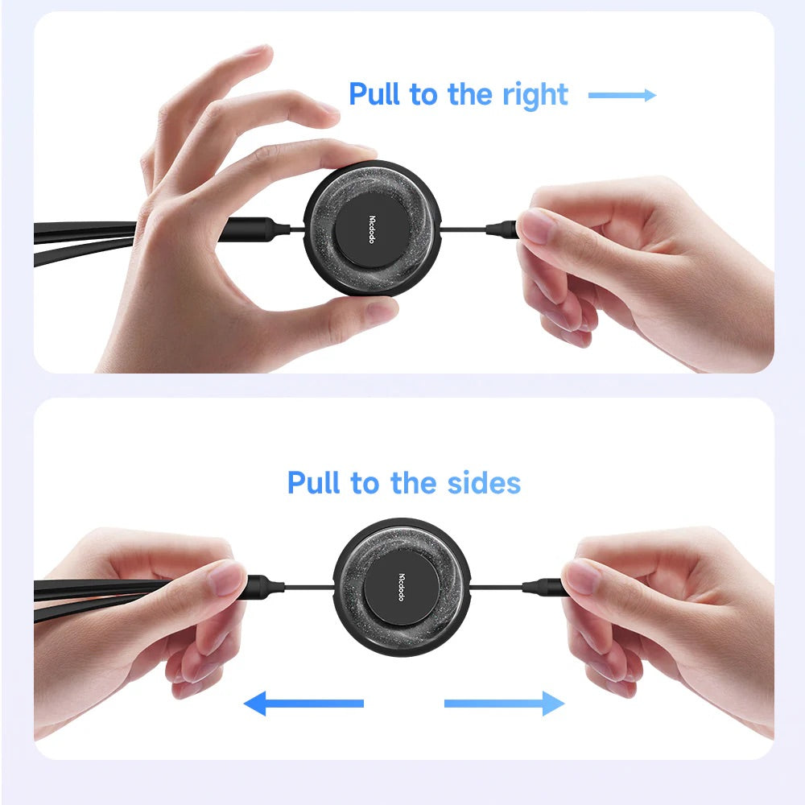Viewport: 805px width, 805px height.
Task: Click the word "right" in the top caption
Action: click(x=535, y=95)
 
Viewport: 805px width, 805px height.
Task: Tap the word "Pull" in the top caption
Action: click(x=374, y=93)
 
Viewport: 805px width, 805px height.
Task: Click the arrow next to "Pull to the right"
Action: click(x=622, y=95)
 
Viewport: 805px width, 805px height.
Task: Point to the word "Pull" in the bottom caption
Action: click(x=313, y=482)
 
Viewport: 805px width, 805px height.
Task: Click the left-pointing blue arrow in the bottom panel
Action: click(x=303, y=704)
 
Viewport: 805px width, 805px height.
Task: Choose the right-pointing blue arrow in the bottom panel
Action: click(x=504, y=704)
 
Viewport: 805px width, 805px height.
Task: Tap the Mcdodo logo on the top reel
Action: click(x=372, y=229)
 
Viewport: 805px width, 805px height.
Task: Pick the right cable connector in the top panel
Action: click(x=502, y=229)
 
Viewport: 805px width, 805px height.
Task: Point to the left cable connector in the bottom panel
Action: click(x=264, y=585)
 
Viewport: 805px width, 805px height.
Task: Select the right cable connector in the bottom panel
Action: click(x=544, y=586)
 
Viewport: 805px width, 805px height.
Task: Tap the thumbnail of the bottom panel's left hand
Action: click(x=226, y=577)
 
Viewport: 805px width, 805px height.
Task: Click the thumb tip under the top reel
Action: click(x=381, y=311)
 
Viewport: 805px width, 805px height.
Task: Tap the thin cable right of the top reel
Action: click(x=464, y=229)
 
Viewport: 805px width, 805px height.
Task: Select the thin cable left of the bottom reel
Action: click(x=309, y=586)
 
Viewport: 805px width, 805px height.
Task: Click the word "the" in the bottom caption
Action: click(x=413, y=482)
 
